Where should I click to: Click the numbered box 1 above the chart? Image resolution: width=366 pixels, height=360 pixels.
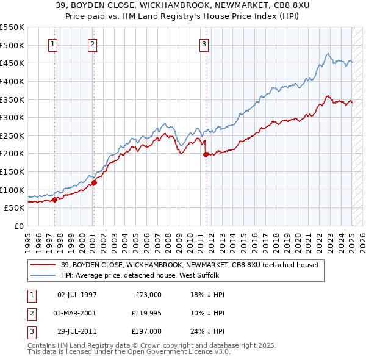click(53, 44)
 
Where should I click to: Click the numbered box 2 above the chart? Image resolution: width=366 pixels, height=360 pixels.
click(92, 44)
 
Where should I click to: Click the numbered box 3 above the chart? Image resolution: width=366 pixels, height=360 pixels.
click(204, 44)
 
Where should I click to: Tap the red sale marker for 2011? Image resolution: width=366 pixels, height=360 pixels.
click(206, 154)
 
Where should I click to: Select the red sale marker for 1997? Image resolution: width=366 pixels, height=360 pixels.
click(54, 199)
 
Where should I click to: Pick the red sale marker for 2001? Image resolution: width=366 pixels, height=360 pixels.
click(94, 182)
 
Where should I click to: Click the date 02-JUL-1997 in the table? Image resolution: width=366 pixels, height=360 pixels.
click(77, 294)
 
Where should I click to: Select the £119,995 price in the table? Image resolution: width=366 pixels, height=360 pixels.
click(145, 313)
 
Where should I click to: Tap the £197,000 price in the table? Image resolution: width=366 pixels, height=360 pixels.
click(146, 332)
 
